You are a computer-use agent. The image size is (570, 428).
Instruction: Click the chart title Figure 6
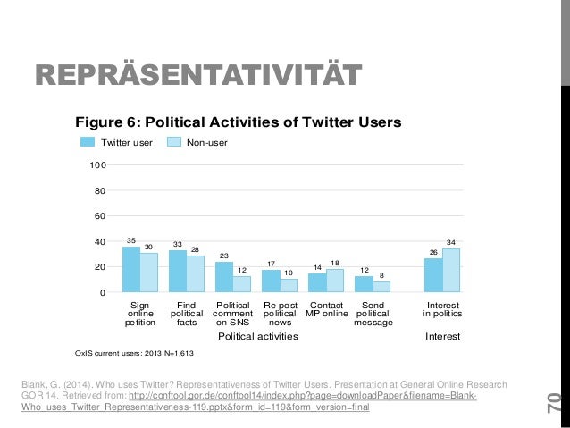coord(238,122)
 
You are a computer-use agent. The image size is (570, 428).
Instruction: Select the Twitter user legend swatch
coord(88,141)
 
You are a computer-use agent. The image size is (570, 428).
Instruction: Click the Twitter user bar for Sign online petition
coord(131,269)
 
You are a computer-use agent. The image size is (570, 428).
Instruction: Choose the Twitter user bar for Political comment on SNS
coord(223,277)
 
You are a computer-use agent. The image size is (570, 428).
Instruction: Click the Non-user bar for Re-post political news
coord(288,285)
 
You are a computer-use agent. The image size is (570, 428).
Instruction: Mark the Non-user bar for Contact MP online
coord(334,281)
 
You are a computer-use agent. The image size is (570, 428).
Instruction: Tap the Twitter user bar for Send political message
coord(364,284)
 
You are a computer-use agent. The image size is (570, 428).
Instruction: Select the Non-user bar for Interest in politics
coord(451,270)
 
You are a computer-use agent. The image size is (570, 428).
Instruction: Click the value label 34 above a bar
coord(451,242)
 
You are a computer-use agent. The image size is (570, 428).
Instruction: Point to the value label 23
coord(223,256)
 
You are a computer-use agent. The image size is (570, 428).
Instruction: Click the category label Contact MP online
coord(326,308)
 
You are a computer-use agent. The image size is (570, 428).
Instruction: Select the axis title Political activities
coord(258,337)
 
